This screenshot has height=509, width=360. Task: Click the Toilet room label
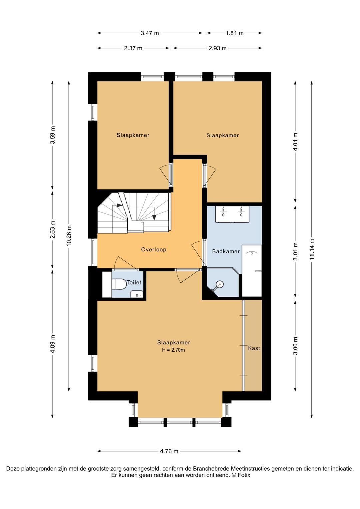[x=134, y=282]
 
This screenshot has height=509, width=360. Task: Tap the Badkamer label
[x=226, y=251]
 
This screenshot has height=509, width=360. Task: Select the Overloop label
[x=154, y=250]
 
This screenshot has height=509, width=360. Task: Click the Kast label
[x=254, y=348]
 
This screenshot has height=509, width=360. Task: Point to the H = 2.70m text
[x=173, y=350]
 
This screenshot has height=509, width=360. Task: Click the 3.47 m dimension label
[x=150, y=33]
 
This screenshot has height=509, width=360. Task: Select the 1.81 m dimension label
[x=234, y=33]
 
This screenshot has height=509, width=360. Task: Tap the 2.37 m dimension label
[x=133, y=48]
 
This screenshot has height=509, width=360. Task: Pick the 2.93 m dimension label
[x=218, y=48]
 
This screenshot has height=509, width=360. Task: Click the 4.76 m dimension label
[x=169, y=451]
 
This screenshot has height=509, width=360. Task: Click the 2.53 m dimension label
[x=52, y=229]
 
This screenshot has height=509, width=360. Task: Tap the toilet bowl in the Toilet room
[x=119, y=284]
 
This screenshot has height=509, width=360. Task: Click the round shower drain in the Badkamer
[x=219, y=284]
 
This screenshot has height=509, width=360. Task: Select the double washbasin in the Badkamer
[x=232, y=214]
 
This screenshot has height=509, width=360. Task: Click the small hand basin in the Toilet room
[x=137, y=294]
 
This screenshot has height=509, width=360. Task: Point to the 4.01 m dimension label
[x=295, y=142]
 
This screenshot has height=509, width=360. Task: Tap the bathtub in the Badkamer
[x=252, y=271]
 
